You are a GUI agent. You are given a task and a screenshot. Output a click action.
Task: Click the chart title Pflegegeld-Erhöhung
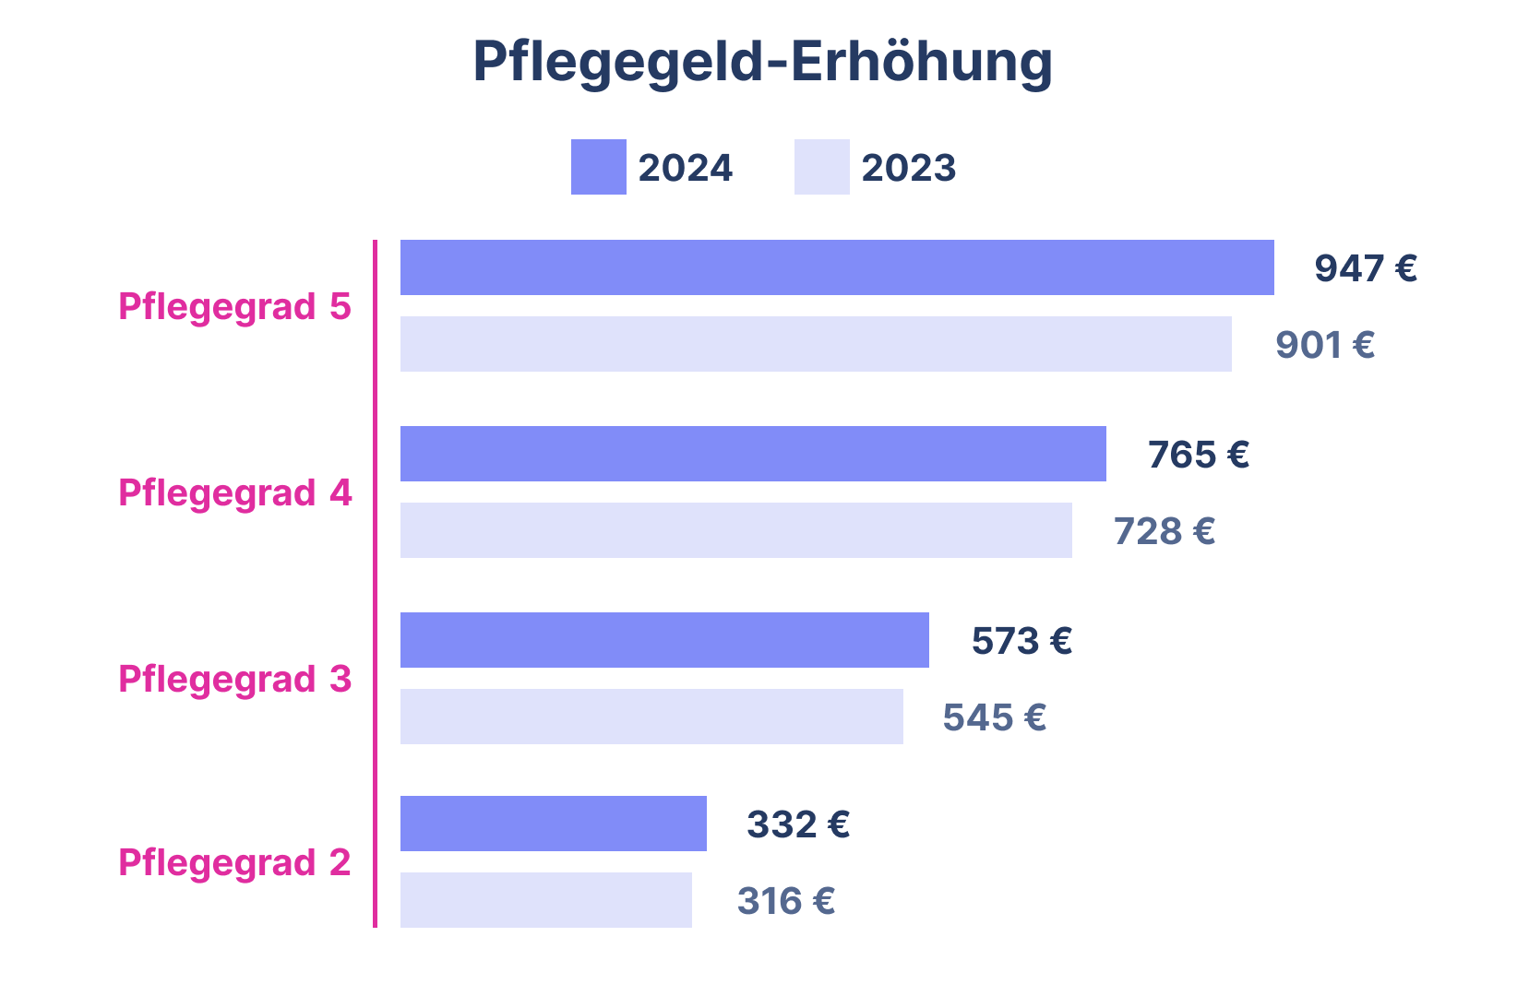[x=762, y=63]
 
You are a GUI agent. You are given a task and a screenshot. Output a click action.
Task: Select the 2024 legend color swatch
[x=598, y=167]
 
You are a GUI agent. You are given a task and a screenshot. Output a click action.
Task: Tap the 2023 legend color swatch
[x=821, y=167]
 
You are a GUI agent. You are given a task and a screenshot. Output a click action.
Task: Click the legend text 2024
[x=685, y=168]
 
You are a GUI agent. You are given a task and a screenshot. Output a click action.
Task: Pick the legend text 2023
[x=908, y=168]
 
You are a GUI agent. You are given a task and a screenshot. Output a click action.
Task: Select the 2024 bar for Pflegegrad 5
[x=837, y=267]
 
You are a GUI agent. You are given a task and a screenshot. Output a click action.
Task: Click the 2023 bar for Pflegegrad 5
[x=816, y=344]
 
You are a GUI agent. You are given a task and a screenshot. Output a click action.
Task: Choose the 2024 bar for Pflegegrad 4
[x=753, y=454]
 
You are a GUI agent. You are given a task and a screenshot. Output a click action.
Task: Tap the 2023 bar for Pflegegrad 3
[x=651, y=717]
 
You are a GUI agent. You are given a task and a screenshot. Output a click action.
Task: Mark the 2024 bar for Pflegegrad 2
[x=554, y=824]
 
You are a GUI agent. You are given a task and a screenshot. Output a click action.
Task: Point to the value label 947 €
[x=1365, y=268]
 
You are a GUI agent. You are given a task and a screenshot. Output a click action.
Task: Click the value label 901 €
[x=1325, y=345]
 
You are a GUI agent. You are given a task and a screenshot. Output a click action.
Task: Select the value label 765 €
[x=1198, y=455]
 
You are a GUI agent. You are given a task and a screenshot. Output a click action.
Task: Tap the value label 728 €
[x=1164, y=531]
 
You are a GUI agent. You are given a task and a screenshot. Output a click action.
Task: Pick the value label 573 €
[x=1021, y=641]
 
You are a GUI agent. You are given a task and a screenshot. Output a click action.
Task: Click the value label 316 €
[x=786, y=901]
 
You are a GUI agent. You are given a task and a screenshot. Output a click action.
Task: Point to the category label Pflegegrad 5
[x=234, y=307]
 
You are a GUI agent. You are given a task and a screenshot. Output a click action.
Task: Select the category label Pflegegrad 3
[x=234, y=680]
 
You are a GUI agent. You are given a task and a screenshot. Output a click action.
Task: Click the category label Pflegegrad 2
[x=234, y=863]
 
